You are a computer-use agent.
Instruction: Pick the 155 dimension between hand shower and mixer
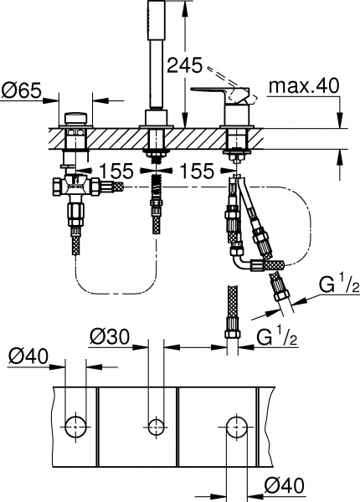pos(195,171)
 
